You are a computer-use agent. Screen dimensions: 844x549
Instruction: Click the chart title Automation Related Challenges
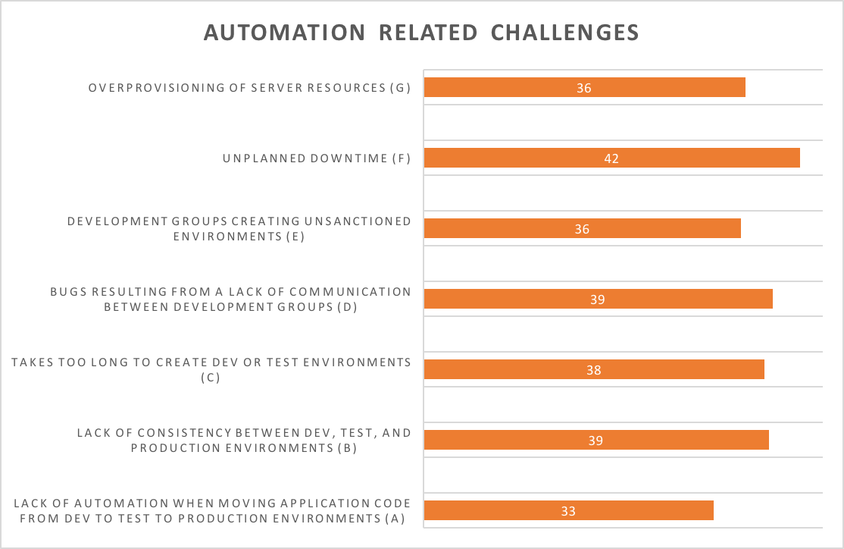pos(421,33)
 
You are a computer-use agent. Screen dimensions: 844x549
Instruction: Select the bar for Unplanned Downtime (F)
pos(612,158)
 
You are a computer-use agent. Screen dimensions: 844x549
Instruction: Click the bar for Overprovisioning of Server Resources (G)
pos(585,87)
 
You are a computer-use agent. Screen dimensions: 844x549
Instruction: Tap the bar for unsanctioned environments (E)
pos(583,228)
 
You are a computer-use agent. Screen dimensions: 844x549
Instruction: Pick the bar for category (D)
pos(599,299)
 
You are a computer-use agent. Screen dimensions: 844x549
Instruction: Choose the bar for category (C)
pos(594,369)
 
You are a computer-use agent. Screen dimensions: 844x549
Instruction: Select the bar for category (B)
pos(596,440)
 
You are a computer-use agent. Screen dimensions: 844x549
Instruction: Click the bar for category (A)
pos(569,511)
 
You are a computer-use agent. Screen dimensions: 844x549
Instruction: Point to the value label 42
pos(611,158)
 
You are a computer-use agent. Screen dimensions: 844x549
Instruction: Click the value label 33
pos(568,511)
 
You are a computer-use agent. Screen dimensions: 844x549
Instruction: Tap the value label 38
pos(594,370)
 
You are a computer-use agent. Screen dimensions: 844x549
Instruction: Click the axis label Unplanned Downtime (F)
pos(317,158)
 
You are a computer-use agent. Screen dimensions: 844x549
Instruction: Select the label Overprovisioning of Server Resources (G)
pos(249,88)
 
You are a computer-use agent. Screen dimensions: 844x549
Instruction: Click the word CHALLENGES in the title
pos(564,33)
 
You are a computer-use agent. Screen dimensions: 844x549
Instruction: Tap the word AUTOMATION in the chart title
pos(285,33)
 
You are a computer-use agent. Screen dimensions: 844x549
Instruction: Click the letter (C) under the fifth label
pos(211,377)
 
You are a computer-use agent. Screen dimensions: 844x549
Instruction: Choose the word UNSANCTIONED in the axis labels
pos(358,221)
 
